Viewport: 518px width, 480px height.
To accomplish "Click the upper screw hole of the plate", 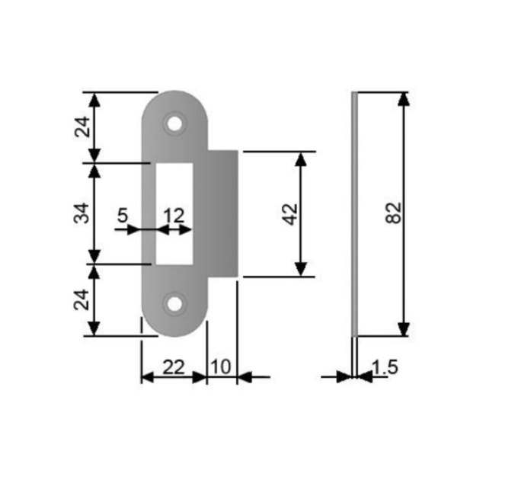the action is coord(174,124).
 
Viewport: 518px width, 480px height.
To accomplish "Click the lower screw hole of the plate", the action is coord(174,304).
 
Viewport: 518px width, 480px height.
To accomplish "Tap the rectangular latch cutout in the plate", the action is coord(174,214).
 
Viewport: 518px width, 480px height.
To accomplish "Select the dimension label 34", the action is coord(82,213).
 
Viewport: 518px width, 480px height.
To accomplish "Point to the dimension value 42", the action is coord(291,214).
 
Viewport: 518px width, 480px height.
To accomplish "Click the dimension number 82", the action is coord(394,213).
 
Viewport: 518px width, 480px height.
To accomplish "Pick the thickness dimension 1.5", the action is coord(385,367).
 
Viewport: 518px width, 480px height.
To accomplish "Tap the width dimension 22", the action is coord(174,367).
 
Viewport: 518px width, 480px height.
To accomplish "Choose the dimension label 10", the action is coord(220,367).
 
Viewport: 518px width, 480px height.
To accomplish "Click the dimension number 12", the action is coord(174,216).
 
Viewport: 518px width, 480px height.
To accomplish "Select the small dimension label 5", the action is coord(122,216).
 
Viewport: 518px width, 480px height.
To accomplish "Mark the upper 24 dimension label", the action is coord(82,126).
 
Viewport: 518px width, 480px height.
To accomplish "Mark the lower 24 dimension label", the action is coord(82,299).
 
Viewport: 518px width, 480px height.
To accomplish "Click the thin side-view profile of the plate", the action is coord(354,214).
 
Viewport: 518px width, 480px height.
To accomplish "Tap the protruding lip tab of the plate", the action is coord(222,213).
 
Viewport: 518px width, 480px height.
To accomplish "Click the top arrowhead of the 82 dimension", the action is coord(404,99).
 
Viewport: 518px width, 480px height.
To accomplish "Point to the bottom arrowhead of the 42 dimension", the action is coord(301,269).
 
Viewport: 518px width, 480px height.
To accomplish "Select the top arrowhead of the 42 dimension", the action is coord(301,159).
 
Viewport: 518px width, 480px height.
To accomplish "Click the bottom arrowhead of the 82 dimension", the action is coord(404,329).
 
